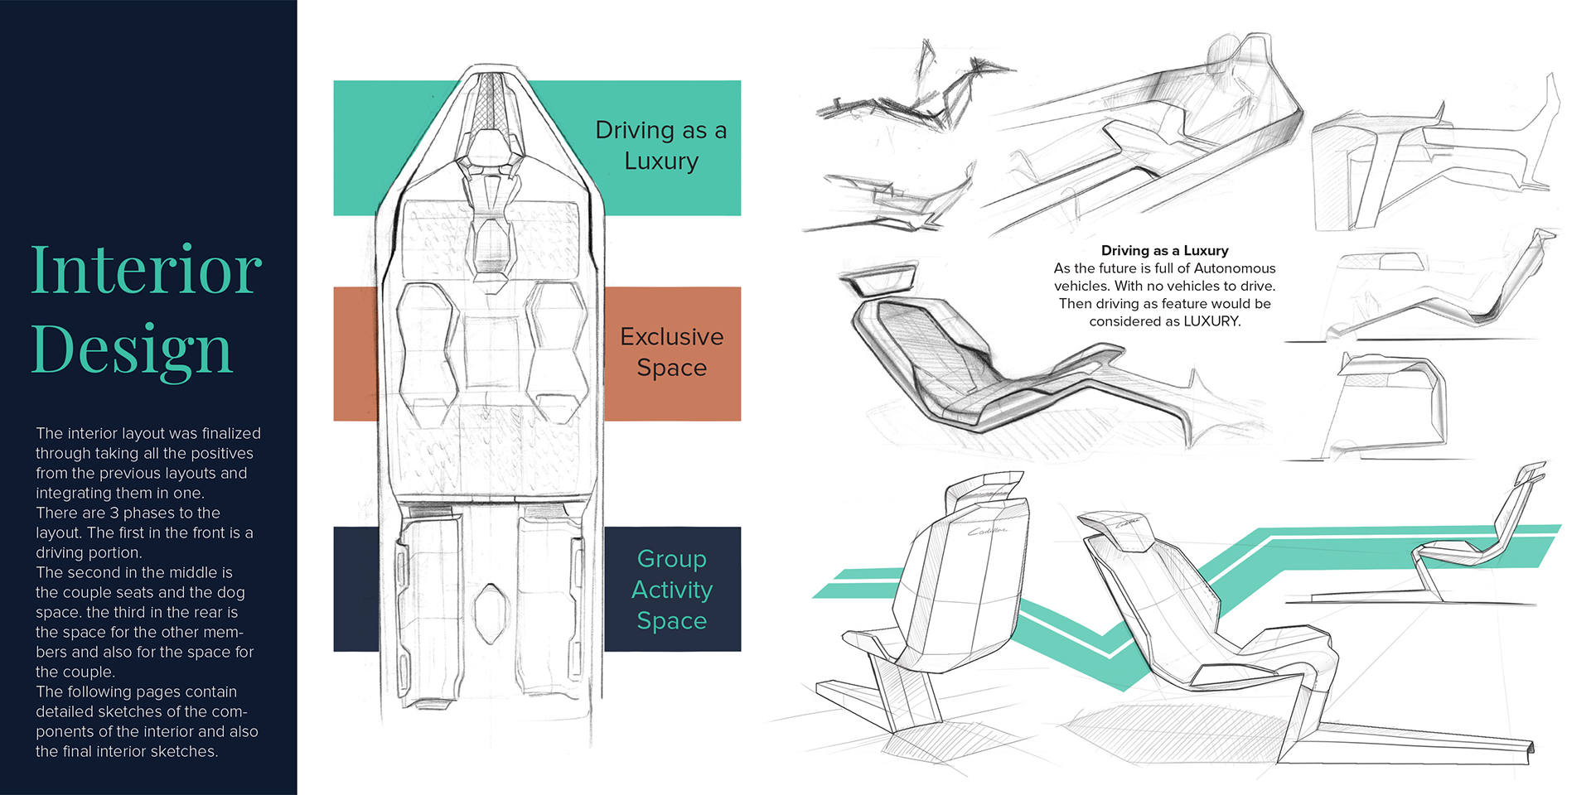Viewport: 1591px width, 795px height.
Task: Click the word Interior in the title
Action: click(x=146, y=270)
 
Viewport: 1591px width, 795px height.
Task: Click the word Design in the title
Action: click(x=131, y=349)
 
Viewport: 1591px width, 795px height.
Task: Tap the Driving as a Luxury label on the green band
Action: click(x=660, y=146)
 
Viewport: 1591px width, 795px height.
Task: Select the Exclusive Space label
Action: click(x=671, y=352)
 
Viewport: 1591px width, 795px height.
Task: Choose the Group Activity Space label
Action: click(x=671, y=590)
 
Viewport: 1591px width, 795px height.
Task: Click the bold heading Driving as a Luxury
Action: click(x=1164, y=250)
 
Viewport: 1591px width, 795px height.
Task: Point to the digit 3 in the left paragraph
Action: click(x=114, y=513)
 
